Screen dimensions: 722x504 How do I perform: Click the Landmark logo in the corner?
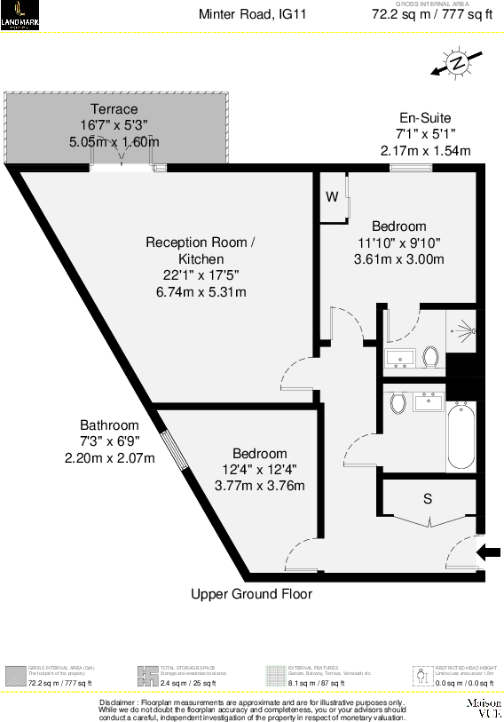point(19,15)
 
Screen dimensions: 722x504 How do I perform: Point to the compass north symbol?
point(457,64)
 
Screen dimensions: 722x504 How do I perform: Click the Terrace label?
point(114,109)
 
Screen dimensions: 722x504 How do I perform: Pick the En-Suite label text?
point(425,118)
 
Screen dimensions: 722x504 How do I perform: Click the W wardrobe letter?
point(331,197)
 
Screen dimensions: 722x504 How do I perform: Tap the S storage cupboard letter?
point(428,499)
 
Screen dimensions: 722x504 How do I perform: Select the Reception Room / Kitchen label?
point(201,250)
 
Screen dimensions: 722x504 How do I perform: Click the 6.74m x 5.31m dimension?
point(201,292)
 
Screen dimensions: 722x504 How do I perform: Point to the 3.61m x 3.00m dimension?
point(398,259)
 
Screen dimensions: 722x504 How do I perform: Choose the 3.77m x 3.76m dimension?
point(260,486)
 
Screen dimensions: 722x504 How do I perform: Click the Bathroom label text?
point(109,424)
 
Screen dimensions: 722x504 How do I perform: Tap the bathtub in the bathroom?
point(461,435)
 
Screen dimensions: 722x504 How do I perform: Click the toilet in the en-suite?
point(431,357)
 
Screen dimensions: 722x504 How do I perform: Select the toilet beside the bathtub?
point(398,403)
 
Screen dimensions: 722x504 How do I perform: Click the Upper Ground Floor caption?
point(252,594)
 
